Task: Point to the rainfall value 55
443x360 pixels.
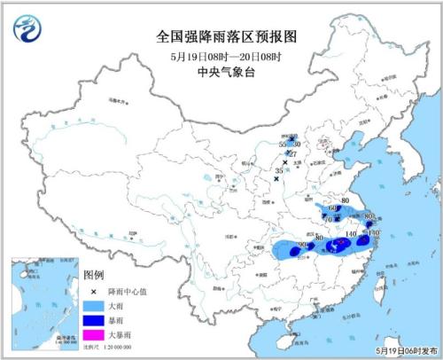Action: (283, 144)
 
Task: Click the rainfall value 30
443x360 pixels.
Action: (297, 144)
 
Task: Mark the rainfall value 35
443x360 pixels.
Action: (279, 169)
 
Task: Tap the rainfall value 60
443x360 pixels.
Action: (332, 207)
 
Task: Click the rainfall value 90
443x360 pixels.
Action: (302, 244)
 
